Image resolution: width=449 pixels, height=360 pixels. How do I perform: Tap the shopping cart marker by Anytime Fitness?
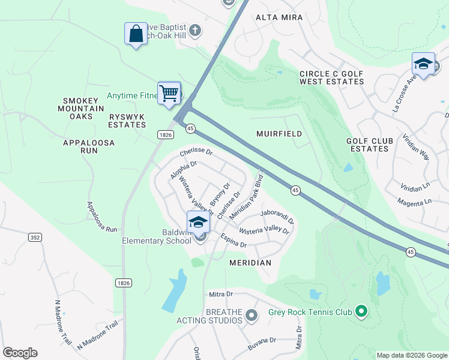(169, 93)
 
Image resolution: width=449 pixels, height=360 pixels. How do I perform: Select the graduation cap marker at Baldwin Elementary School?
(198, 223)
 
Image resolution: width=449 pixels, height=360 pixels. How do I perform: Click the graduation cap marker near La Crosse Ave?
(423, 64)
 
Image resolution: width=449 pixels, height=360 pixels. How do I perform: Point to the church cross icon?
(194, 31)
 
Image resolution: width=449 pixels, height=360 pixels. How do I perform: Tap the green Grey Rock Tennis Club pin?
(361, 311)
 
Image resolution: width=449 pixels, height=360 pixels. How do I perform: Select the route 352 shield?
(35, 238)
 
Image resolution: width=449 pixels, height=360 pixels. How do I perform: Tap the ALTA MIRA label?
(279, 18)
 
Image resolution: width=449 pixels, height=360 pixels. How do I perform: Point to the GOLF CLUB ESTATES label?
(370, 145)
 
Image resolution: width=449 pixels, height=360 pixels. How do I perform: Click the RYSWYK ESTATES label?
(127, 121)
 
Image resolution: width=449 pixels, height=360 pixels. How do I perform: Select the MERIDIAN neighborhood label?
(250, 263)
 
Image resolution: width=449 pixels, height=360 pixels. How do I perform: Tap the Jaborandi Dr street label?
(277, 216)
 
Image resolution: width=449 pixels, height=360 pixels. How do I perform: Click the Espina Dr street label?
(234, 241)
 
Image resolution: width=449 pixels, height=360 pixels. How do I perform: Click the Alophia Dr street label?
(184, 169)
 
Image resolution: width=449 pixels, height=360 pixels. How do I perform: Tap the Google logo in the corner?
(20, 353)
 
